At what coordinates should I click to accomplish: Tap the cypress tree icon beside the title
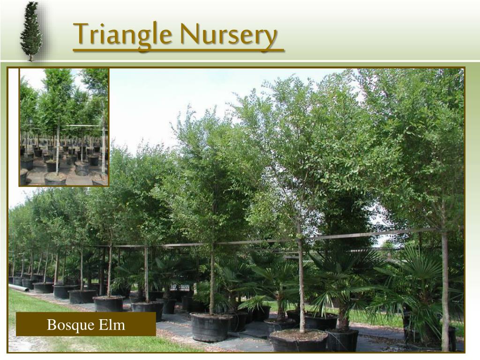31,31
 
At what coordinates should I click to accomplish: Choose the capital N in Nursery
189,34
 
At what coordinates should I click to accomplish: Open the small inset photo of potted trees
64,127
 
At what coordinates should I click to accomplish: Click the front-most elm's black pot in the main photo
299,341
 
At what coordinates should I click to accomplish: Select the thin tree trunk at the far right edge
444,291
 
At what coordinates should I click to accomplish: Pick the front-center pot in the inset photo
55,178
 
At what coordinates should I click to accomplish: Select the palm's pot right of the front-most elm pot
342,340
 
